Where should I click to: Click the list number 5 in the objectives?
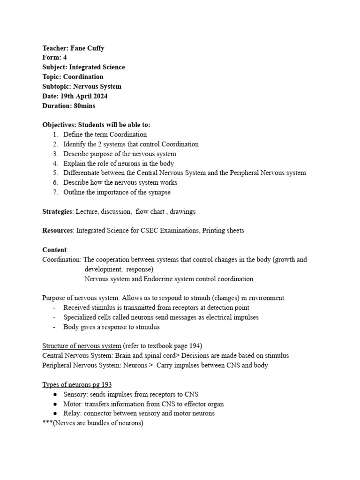(x=55, y=173)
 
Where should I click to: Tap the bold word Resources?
(x=58, y=231)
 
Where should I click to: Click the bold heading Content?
(x=54, y=250)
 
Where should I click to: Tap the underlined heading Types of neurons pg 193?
(x=77, y=385)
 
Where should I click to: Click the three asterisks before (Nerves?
(x=47, y=423)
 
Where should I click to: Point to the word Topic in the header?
(x=51, y=77)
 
